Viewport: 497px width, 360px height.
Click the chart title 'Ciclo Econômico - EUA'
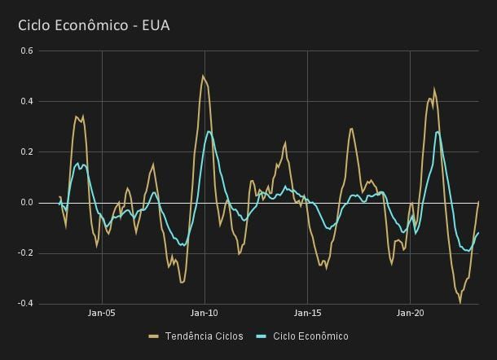[94, 25]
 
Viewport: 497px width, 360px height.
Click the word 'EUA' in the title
[155, 25]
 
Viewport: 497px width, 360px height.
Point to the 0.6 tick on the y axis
[26, 50]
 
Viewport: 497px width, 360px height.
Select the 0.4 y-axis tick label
[26, 101]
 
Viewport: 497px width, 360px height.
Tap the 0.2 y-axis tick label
[26, 151]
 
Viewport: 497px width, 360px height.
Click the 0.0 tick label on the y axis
[26, 202]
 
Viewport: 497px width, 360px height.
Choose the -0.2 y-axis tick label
[24, 252]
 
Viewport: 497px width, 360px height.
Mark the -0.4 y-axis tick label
[24, 303]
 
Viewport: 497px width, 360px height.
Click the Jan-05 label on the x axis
[102, 313]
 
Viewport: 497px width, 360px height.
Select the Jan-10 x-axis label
[205, 313]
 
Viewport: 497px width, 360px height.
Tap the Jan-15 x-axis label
[307, 313]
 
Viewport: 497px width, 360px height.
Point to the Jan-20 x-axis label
[410, 313]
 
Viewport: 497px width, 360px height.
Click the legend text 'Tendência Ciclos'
[204, 336]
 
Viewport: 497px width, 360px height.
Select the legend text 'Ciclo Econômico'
[310, 336]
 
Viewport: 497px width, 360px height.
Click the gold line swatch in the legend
[154, 336]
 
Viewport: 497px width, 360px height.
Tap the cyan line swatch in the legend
[262, 336]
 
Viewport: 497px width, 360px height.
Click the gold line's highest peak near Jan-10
[203, 76]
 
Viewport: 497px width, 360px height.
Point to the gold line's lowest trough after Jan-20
[460, 302]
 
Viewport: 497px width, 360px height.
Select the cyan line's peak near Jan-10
[209, 131]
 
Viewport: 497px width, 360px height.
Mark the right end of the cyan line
[478, 233]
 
